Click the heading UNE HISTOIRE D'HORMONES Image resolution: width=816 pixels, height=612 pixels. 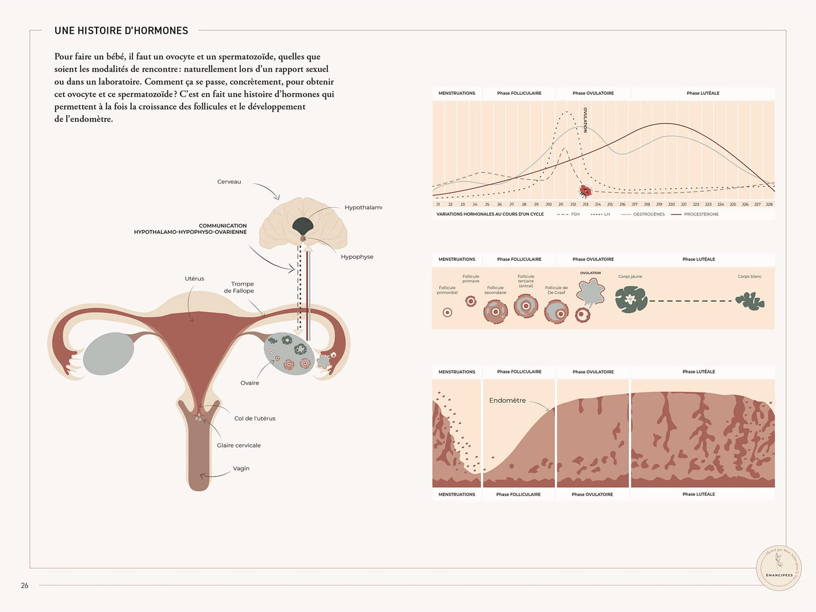[x=121, y=30]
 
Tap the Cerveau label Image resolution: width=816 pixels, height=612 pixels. [x=229, y=182]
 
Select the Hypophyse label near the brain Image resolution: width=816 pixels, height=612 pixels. [x=357, y=257]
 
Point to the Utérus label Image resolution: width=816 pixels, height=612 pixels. [x=194, y=279]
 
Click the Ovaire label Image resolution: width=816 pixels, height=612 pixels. [x=250, y=383]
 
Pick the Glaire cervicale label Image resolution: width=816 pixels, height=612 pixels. [x=239, y=445]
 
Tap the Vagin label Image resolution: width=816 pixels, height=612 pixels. [x=241, y=469]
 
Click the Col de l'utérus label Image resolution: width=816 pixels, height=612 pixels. [x=255, y=418]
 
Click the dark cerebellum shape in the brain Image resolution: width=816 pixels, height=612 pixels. [x=303, y=226]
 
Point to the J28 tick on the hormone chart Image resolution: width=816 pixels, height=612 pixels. [x=769, y=204]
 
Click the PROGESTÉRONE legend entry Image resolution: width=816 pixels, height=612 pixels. [x=701, y=215]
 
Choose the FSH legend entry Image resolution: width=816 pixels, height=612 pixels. [x=575, y=215]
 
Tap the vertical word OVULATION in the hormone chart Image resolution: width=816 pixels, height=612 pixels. [x=586, y=120]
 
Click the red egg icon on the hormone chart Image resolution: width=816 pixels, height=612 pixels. [x=586, y=191]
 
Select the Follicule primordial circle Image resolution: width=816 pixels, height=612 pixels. [x=447, y=312]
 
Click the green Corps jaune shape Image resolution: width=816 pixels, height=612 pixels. [x=631, y=299]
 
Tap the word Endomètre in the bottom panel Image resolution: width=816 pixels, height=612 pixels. [x=507, y=400]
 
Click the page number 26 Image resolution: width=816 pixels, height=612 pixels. [x=24, y=585]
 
